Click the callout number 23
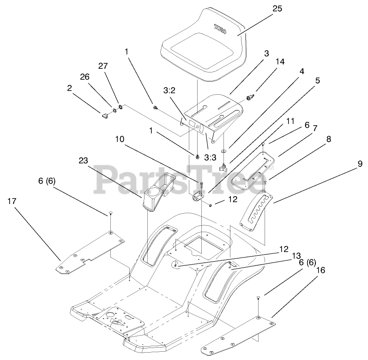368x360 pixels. [83, 161]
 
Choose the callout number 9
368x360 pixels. [359, 163]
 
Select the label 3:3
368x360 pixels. [210, 157]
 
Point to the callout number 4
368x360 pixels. [302, 72]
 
